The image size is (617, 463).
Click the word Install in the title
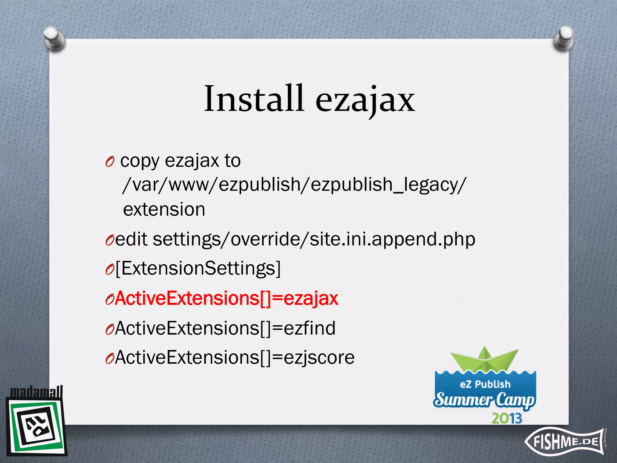[x=254, y=99]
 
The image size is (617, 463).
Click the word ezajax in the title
[x=365, y=99]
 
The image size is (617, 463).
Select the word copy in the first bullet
[x=139, y=161]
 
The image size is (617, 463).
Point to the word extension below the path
[x=164, y=209]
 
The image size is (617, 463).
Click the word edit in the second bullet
[x=131, y=239]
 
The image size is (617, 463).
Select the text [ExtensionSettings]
[x=198, y=268]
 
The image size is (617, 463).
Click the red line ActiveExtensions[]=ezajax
[x=227, y=298]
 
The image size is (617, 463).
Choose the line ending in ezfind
[x=225, y=328]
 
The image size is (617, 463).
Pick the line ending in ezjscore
[x=235, y=357]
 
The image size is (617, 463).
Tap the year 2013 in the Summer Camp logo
[x=507, y=418]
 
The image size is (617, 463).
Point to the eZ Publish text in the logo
[x=485, y=384]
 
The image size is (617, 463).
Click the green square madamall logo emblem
[x=36, y=427]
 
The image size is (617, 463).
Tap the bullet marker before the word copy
[x=110, y=162]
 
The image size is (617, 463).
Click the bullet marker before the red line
[x=109, y=300]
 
